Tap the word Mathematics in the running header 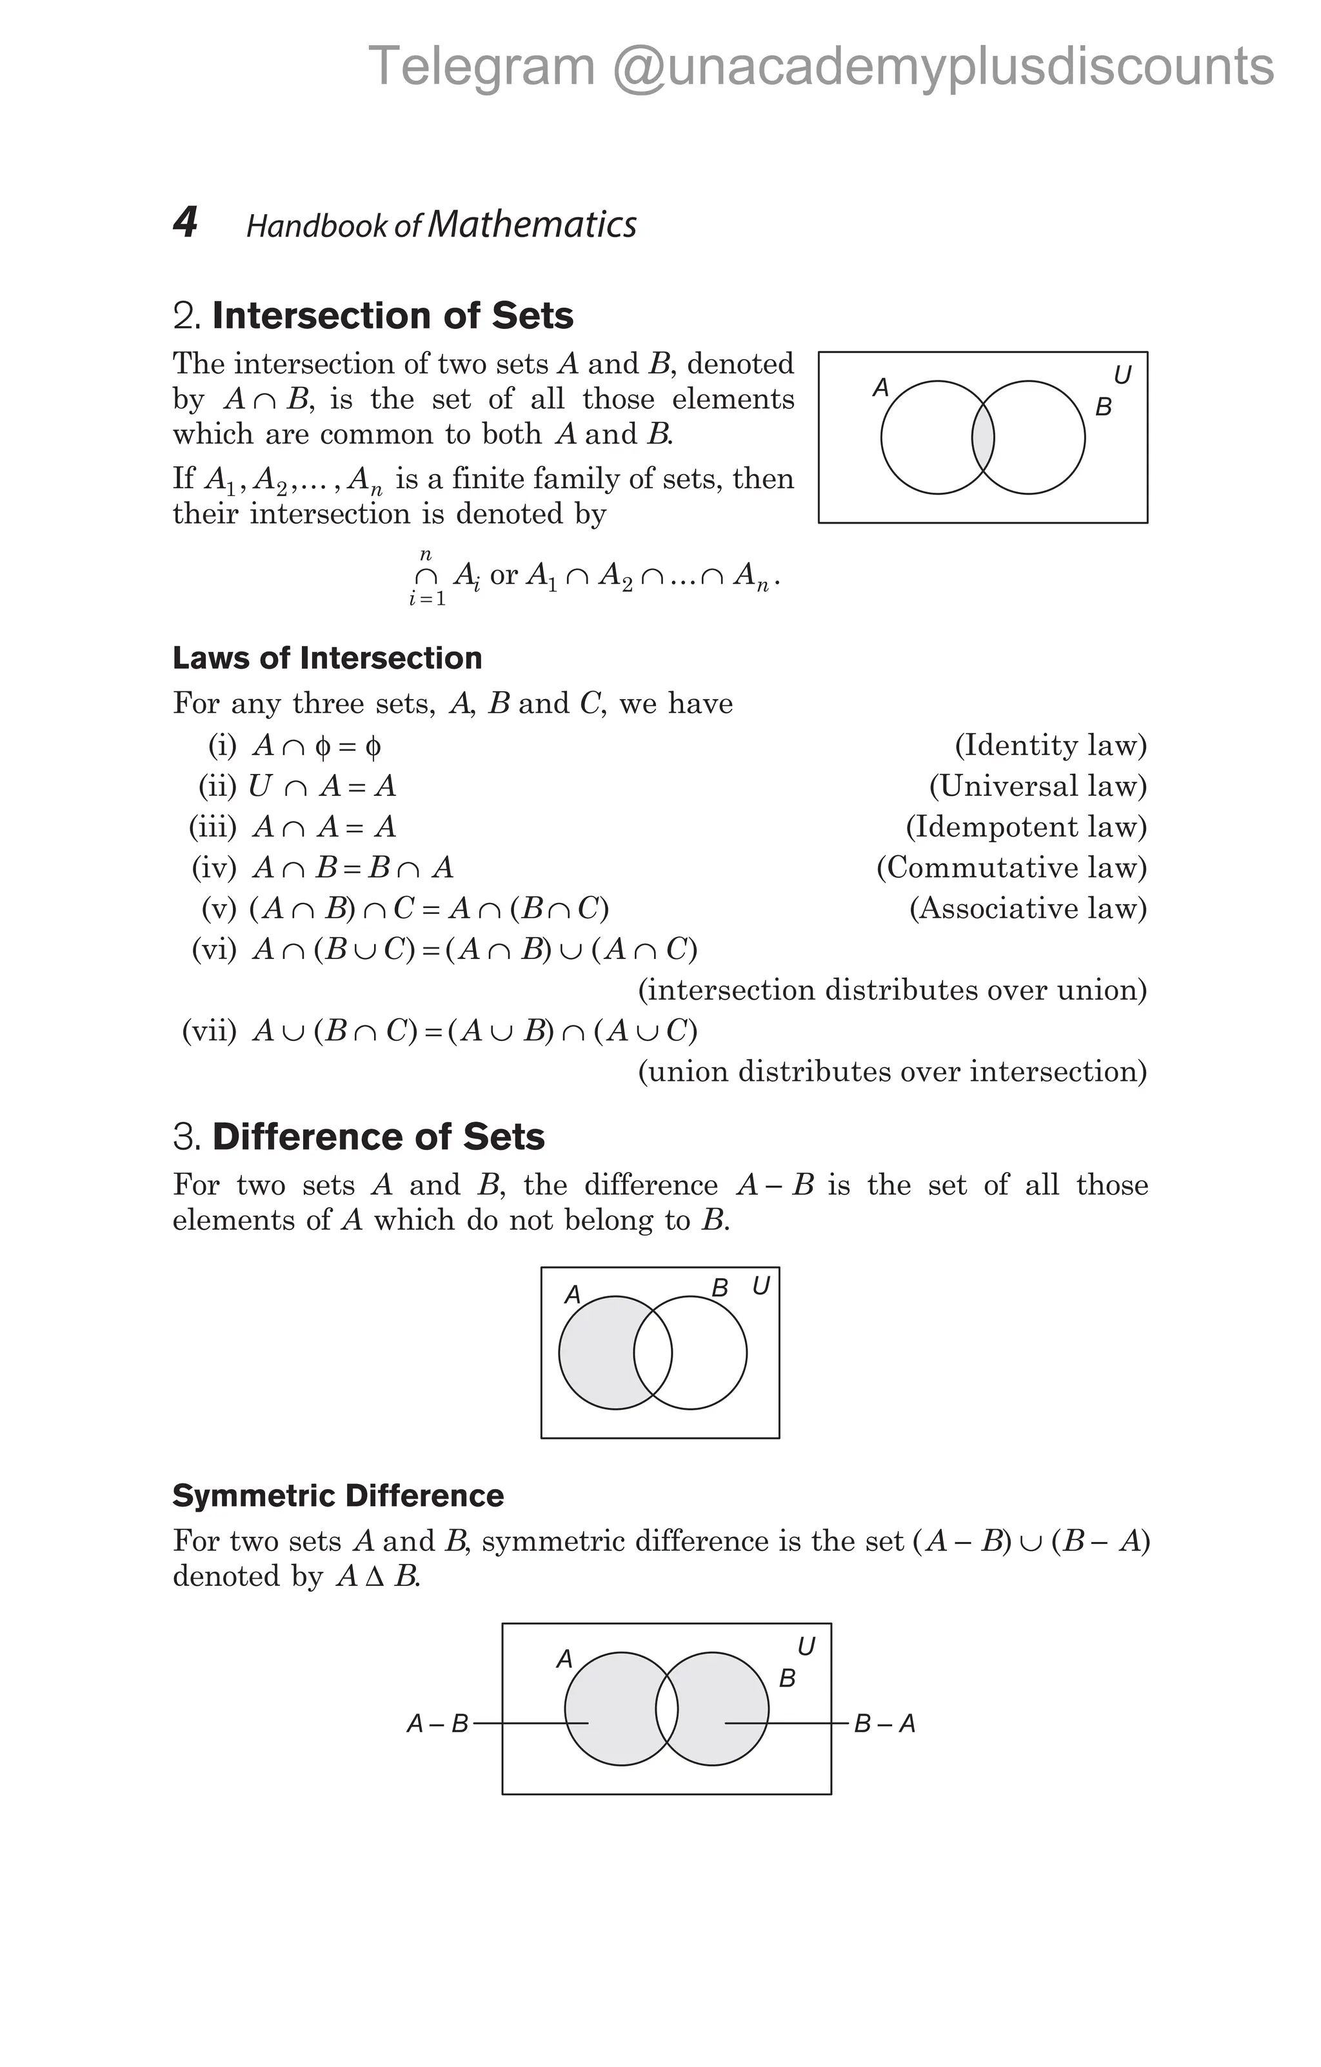(x=532, y=225)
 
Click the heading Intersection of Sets (x=392, y=316)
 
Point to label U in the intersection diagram (x=1122, y=375)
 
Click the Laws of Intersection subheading (x=327, y=658)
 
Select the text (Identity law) (x=1051, y=745)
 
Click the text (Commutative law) (x=1011, y=868)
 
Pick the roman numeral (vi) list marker (x=214, y=949)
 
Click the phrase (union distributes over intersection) (x=892, y=1072)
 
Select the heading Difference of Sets (x=378, y=1138)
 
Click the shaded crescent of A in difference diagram (x=597, y=1354)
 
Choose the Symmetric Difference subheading (x=338, y=1496)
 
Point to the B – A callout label (x=885, y=1724)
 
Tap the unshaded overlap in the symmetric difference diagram (x=667, y=1709)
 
